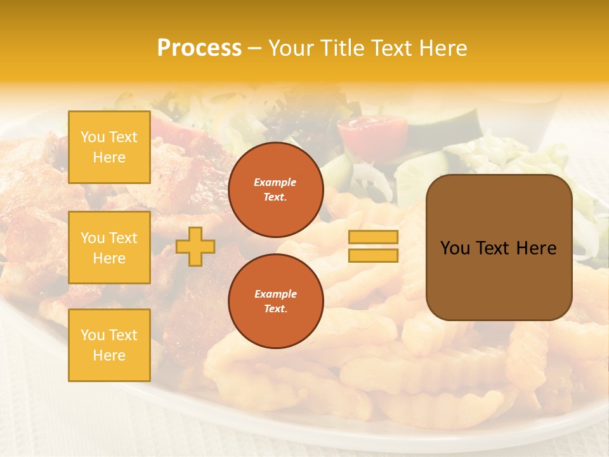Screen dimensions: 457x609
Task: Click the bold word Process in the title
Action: [199, 48]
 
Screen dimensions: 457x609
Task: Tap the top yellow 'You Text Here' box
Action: [109, 147]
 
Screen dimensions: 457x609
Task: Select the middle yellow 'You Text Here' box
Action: [109, 248]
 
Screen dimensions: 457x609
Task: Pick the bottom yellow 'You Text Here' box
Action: [109, 345]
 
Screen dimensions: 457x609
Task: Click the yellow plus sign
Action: [195, 246]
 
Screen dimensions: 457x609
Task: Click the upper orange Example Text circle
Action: [275, 190]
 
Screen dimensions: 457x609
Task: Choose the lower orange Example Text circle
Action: [275, 301]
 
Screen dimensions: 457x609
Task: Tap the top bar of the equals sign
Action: [373, 237]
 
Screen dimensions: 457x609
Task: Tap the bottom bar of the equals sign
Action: [373, 256]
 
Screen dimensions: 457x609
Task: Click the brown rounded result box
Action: [499, 247]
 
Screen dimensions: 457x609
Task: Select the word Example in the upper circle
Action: [275, 182]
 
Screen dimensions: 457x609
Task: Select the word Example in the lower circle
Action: [275, 294]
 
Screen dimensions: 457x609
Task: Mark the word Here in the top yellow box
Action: [109, 157]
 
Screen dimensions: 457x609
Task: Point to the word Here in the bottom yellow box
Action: [109, 355]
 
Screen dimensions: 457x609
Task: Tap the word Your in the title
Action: [291, 48]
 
